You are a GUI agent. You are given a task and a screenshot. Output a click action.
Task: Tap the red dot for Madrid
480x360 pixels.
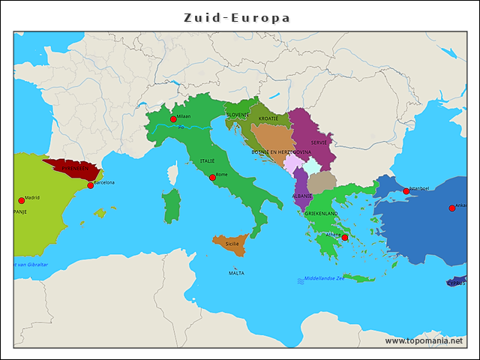click(21, 200)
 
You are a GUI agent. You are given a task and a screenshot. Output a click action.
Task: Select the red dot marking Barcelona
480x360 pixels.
click(91, 185)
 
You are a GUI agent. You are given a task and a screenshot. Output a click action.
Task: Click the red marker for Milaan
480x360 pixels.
click(173, 119)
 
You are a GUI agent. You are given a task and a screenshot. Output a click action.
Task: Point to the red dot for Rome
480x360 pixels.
click(212, 177)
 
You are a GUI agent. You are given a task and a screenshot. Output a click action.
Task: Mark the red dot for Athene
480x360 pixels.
click(345, 238)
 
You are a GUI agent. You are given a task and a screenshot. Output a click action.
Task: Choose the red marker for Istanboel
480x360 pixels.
click(406, 191)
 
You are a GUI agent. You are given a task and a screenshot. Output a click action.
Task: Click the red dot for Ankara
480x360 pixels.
click(451, 208)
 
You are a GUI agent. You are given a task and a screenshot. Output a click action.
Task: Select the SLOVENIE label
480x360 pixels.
click(237, 115)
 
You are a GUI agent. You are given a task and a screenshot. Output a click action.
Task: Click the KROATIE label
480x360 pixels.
click(268, 118)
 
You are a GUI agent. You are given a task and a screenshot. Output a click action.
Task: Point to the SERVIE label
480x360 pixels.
click(319, 142)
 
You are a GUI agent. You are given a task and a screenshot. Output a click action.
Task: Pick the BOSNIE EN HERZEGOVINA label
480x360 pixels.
click(281, 151)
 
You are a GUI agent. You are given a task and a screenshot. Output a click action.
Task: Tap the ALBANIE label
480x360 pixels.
click(301, 195)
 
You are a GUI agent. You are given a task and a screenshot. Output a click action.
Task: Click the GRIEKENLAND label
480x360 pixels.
click(321, 214)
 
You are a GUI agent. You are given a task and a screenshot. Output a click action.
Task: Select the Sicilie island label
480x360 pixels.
click(232, 244)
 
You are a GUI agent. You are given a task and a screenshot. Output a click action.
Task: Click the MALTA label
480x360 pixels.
click(236, 273)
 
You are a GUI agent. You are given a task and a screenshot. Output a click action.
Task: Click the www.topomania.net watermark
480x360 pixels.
click(424, 340)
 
